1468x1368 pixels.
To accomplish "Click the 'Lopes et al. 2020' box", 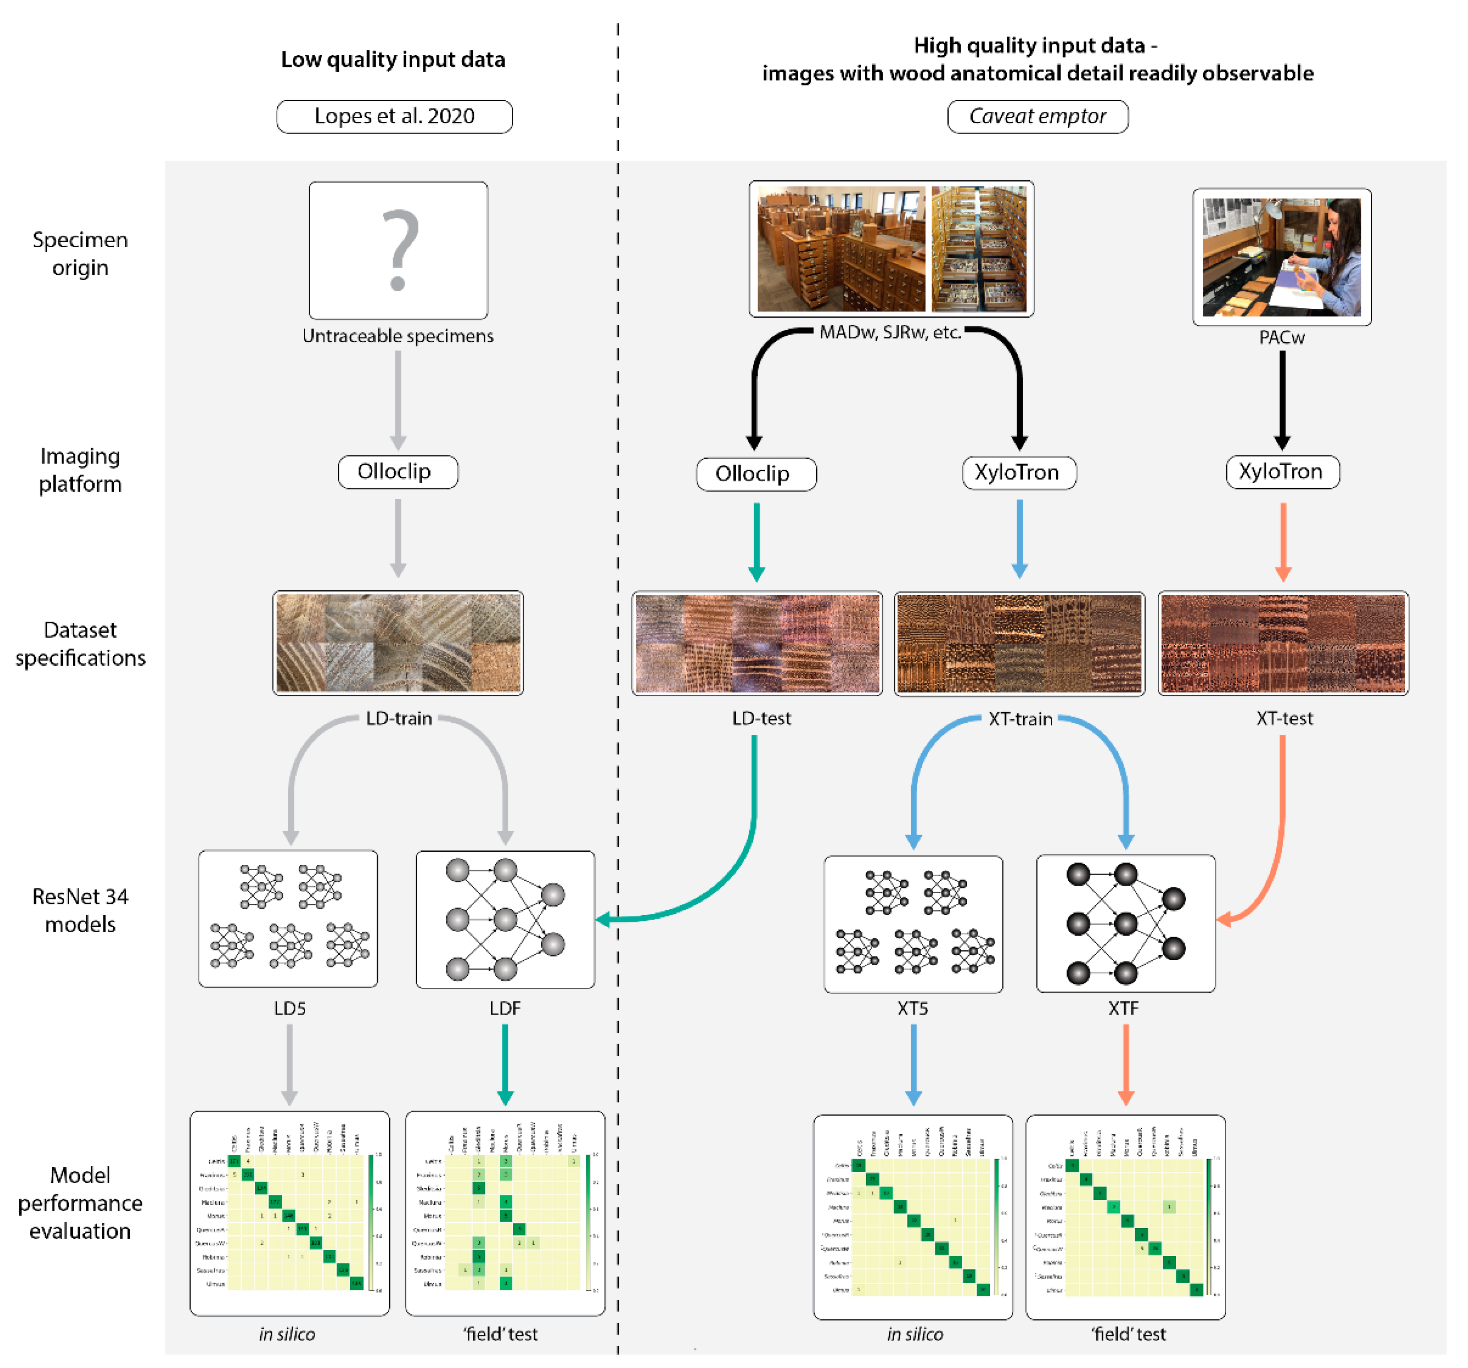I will click(x=394, y=116).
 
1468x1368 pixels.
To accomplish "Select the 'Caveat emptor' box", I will click(x=1037, y=116).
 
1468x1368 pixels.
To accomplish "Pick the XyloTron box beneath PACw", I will click(x=1282, y=472).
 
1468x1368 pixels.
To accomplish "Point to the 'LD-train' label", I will click(x=399, y=718).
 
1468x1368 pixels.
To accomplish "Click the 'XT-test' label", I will click(x=1284, y=718).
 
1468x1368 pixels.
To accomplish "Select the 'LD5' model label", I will click(x=290, y=1008).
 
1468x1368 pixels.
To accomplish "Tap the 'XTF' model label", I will click(x=1123, y=1008).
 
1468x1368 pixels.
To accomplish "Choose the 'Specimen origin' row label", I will click(x=80, y=253).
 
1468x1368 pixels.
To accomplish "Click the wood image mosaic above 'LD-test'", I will click(x=757, y=643).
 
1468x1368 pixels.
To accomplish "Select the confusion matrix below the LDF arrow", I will click(x=505, y=1213).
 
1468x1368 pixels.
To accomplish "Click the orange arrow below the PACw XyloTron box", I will click(x=1283, y=541).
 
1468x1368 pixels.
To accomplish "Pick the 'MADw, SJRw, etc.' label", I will click(x=890, y=332).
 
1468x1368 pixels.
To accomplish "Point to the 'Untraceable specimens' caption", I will click(x=398, y=336).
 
